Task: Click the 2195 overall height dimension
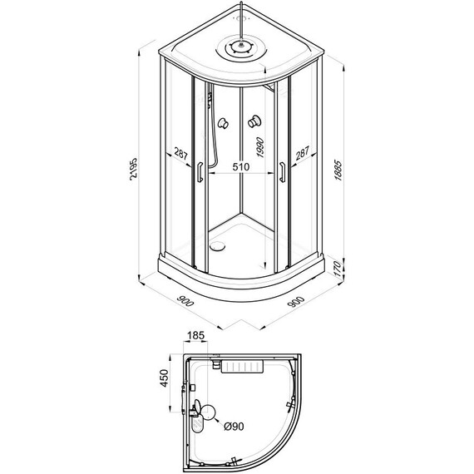(x=133, y=169)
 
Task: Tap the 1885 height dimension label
(x=338, y=170)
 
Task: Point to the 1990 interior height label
(x=260, y=147)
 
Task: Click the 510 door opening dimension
(x=241, y=166)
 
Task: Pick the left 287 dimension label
(x=180, y=154)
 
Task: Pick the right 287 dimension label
(x=303, y=153)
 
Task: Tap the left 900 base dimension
(x=185, y=301)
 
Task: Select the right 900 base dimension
(x=296, y=301)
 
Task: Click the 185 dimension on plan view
(x=196, y=335)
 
